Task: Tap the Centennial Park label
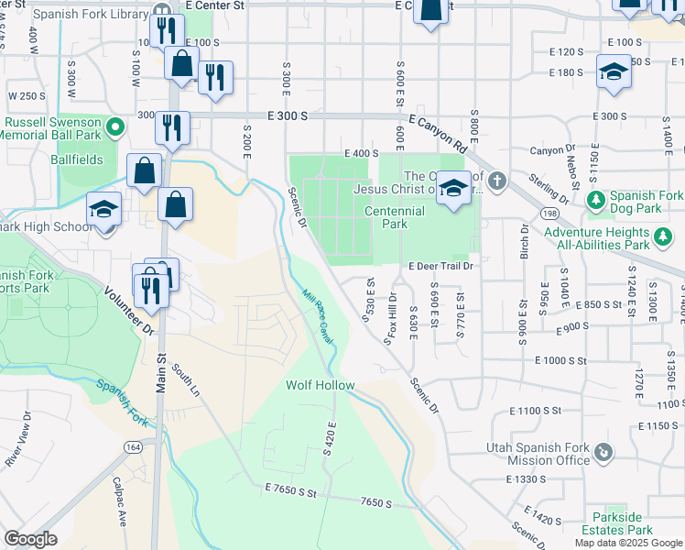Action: click(x=395, y=217)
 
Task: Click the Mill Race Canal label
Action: click(x=318, y=317)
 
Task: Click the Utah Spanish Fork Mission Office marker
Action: click(x=603, y=452)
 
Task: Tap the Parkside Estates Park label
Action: click(x=622, y=523)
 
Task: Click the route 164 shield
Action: click(x=134, y=446)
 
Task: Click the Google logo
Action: click(x=30, y=538)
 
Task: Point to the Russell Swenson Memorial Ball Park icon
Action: click(x=115, y=126)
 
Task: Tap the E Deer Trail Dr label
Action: click(x=440, y=266)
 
